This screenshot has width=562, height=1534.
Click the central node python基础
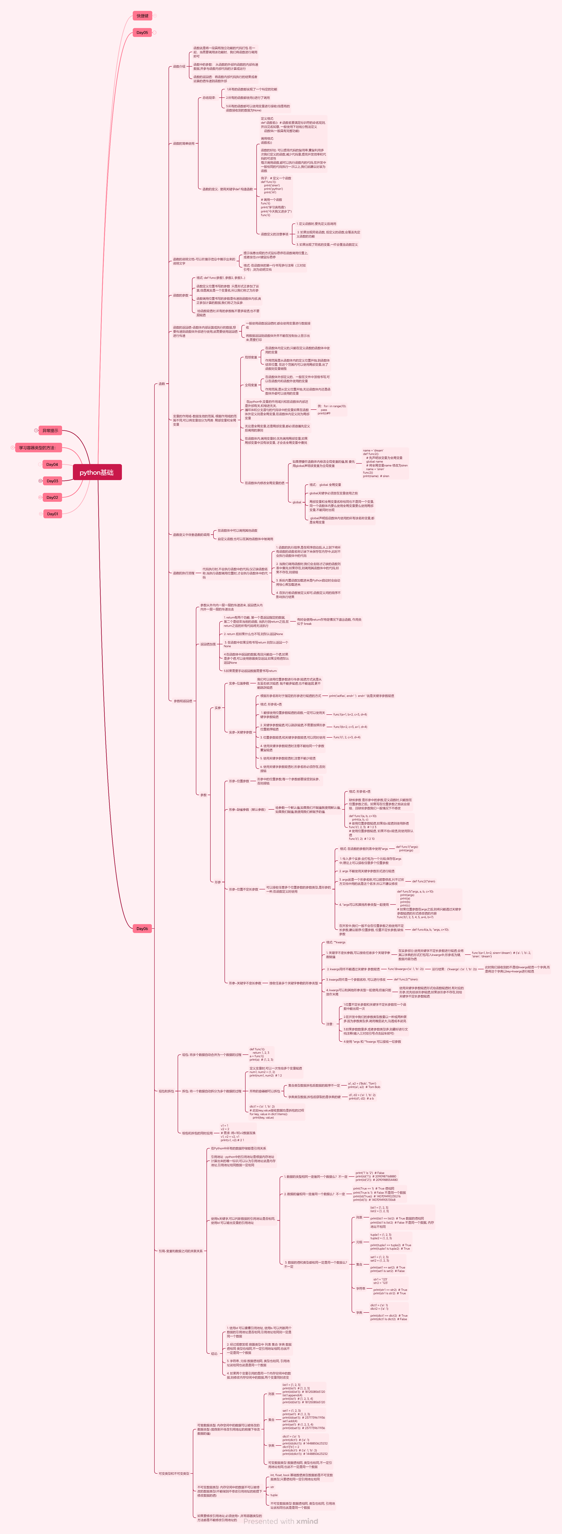click(x=97, y=472)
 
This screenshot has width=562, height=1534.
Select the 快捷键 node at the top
click(x=142, y=16)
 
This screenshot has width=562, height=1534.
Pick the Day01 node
click(x=52, y=514)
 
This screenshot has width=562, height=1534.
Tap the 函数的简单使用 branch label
click(x=183, y=144)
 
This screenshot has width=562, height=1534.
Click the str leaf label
click(x=272, y=1487)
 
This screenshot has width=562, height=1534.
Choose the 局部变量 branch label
click(x=251, y=357)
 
